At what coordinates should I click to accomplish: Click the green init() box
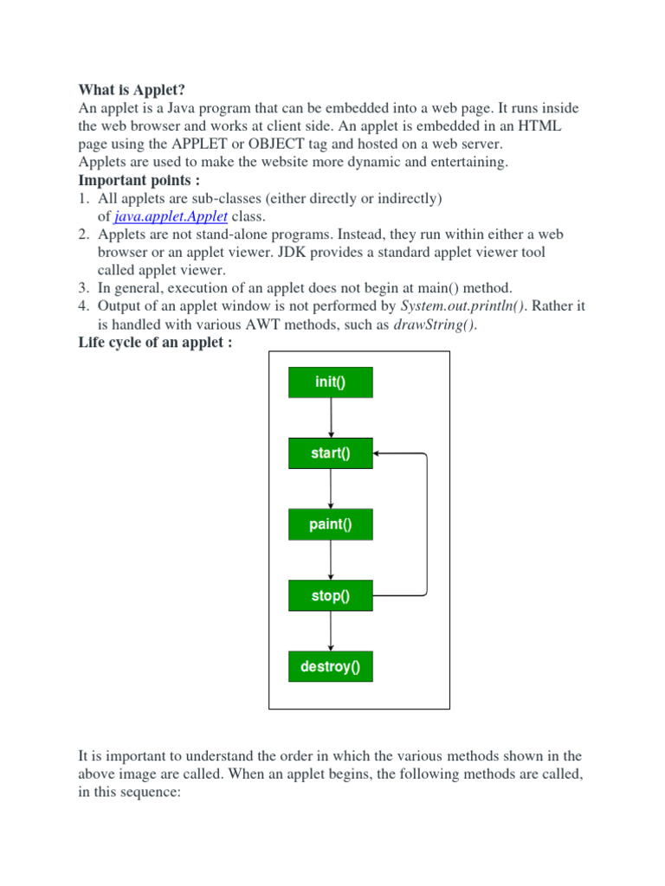pyautogui.click(x=330, y=382)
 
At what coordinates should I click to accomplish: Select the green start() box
pyautogui.click(x=330, y=453)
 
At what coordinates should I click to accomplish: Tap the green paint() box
pyautogui.click(x=330, y=524)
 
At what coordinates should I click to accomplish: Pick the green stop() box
pyautogui.click(x=330, y=595)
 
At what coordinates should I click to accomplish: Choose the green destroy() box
pyautogui.click(x=330, y=666)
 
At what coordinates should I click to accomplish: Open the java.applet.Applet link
pyautogui.click(x=171, y=216)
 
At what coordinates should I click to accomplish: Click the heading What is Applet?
pyautogui.click(x=132, y=90)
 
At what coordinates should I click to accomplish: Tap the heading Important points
pyautogui.click(x=139, y=180)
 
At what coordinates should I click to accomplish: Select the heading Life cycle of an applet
pyautogui.click(x=156, y=343)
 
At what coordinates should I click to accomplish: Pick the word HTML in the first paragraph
pyautogui.click(x=539, y=126)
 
